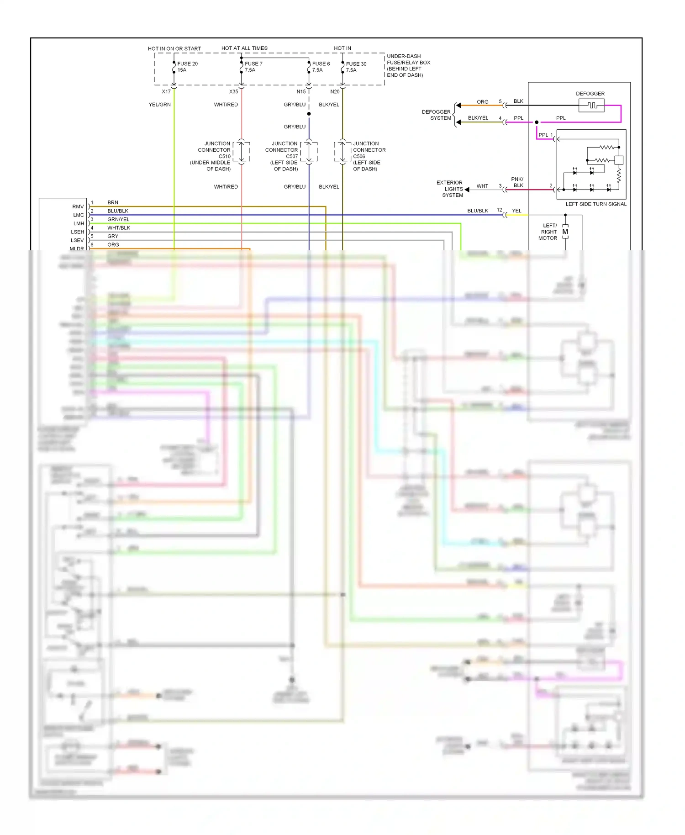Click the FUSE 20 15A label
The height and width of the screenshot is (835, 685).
click(187, 67)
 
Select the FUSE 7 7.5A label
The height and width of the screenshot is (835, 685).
click(253, 67)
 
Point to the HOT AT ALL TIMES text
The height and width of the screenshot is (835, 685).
click(244, 48)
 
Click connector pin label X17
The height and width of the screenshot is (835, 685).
click(166, 91)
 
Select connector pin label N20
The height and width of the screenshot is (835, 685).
click(335, 91)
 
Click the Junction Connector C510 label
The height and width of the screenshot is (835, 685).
click(211, 156)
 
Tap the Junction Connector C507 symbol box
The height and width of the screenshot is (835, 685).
click(309, 151)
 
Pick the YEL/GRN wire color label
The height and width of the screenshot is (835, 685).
click(159, 105)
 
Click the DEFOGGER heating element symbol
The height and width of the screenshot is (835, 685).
click(591, 106)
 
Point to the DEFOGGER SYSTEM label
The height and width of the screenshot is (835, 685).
click(436, 115)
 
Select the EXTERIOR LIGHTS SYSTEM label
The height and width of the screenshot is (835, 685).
click(450, 189)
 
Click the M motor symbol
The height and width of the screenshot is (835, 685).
click(565, 232)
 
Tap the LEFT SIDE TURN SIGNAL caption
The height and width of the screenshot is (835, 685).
click(596, 204)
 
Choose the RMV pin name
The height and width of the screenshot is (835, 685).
click(78, 206)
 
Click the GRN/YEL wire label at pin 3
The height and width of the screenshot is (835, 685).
click(118, 219)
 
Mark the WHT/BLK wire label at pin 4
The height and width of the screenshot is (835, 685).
click(119, 227)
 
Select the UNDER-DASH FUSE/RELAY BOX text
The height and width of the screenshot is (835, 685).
click(408, 65)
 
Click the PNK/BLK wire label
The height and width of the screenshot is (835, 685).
click(517, 182)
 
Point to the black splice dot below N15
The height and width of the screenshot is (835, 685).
click(309, 114)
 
